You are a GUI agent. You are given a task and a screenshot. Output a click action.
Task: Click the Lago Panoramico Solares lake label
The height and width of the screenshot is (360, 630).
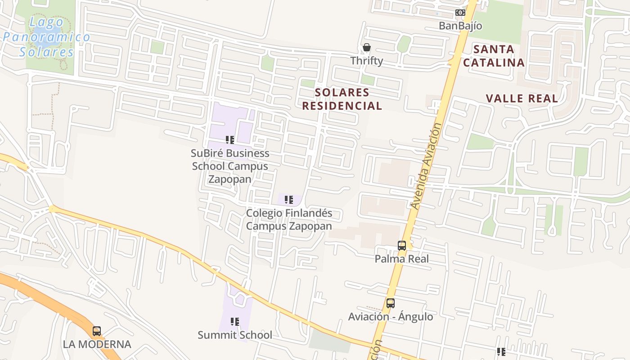pos(46,37)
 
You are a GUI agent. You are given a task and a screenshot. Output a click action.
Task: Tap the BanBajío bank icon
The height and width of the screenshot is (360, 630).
pos(460,13)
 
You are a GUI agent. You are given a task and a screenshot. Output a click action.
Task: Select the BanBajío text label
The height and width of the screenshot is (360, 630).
pos(460,26)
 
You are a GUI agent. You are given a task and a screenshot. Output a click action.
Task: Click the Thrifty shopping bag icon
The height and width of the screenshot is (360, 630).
pos(367,47)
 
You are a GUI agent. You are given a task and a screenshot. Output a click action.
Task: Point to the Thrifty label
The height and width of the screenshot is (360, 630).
pos(367,61)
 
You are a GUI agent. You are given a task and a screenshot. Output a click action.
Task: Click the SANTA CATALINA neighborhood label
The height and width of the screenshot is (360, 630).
pos(494,56)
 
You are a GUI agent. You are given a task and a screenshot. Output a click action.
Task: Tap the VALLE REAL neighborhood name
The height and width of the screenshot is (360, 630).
pos(522,99)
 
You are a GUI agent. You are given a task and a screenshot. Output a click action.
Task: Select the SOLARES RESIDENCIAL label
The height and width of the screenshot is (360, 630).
pos(342,99)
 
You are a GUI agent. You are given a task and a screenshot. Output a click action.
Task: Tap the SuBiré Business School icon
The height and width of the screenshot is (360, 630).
pos(230,140)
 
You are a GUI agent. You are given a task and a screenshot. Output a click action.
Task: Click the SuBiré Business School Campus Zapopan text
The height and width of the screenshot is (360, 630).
pos(230,166)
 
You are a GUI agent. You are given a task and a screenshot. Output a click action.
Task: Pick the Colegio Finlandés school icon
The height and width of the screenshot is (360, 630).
pos(289,199)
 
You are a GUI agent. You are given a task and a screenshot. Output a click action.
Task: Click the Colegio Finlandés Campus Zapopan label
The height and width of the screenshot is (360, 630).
pos(289,220)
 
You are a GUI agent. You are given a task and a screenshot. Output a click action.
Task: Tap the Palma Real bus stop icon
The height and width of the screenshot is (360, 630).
pos(402,246)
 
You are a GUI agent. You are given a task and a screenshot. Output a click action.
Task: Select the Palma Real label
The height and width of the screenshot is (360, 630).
pos(402,259)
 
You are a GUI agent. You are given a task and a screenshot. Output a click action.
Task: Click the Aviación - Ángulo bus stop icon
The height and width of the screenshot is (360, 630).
pos(391,303)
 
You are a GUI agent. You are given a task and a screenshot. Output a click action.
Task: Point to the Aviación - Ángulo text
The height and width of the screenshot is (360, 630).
pos(391,317)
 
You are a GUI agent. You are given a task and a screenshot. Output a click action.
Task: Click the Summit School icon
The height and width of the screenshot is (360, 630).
pos(235,322)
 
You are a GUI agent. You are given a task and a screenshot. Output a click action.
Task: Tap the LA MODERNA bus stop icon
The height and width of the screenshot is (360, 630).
pos(97,332)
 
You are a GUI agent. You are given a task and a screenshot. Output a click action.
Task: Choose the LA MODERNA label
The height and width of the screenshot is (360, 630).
pos(97,345)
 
